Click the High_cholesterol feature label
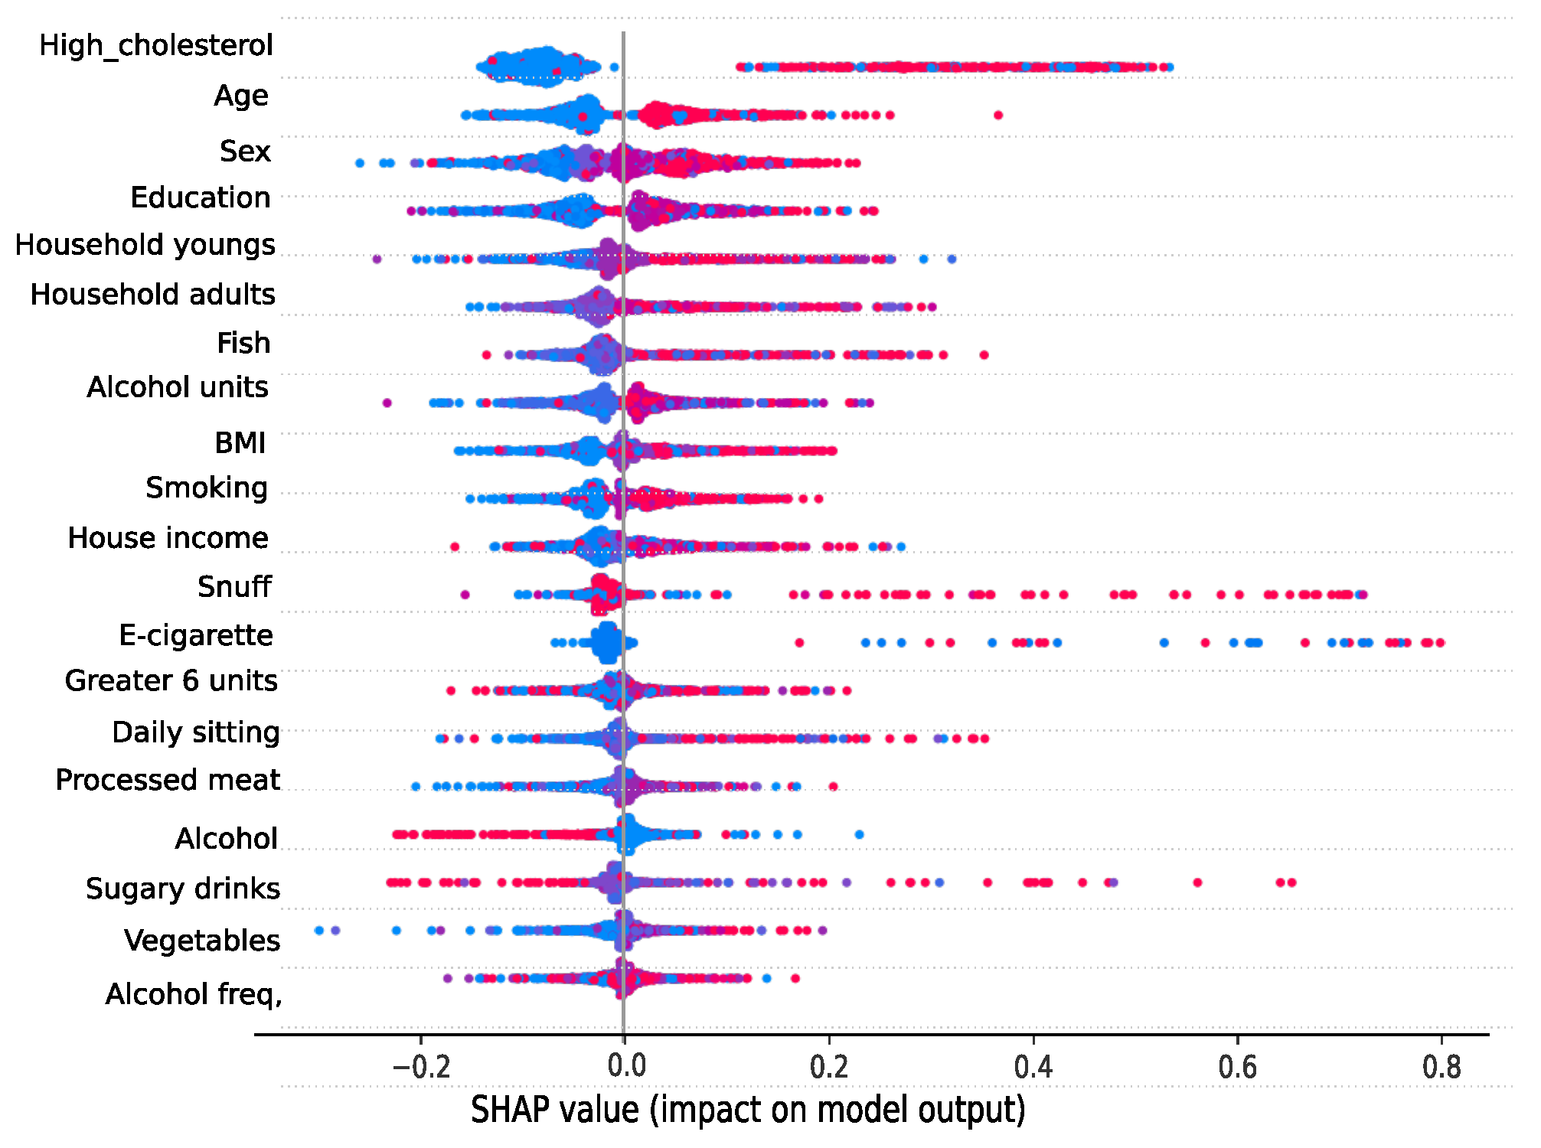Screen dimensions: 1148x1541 [156, 46]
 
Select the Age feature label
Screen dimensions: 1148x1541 [241, 96]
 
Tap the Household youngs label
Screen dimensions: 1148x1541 [145, 246]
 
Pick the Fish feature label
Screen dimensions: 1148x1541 [243, 344]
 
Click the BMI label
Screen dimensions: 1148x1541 [240, 443]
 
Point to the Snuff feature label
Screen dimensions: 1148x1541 [234, 587]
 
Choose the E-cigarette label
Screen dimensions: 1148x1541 [196, 636]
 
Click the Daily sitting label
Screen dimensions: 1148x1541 [196, 733]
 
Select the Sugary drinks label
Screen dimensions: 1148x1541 [183, 889]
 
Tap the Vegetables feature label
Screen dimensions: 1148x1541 [202, 941]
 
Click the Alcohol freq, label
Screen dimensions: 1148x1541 [194, 995]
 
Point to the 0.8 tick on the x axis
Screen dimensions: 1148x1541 [1441, 1067]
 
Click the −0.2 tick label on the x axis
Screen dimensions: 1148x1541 [420, 1067]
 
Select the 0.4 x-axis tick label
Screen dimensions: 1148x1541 [1033, 1067]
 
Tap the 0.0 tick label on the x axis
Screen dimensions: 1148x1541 [625, 1067]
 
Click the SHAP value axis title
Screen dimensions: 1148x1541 [748, 1110]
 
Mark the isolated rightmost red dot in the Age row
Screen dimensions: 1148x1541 [998, 116]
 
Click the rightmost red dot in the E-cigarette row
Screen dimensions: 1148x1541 [1440, 643]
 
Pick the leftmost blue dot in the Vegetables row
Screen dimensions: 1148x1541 [319, 931]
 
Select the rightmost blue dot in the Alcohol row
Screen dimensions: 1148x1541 [859, 835]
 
